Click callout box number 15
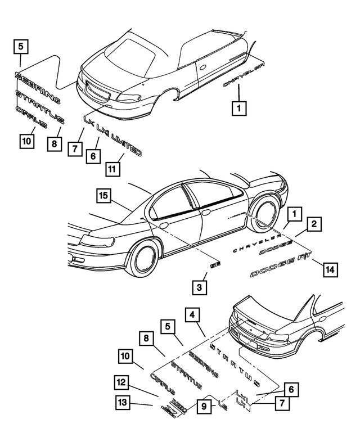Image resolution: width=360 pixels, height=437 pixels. click(103, 196)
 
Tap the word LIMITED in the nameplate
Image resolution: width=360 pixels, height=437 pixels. click(126, 144)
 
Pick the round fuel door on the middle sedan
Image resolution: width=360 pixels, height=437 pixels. click(163, 226)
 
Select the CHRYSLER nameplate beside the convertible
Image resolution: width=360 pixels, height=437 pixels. click(244, 75)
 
